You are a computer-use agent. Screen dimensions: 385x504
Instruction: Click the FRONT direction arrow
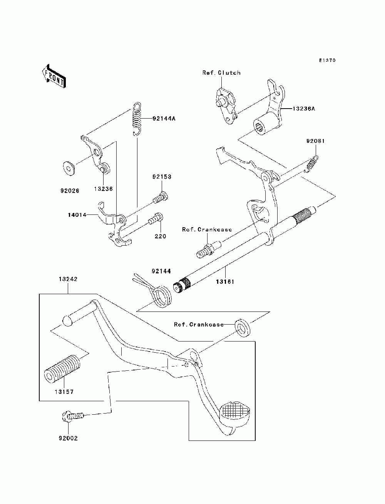[x=54, y=76]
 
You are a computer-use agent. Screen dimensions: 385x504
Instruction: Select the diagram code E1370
[x=327, y=60]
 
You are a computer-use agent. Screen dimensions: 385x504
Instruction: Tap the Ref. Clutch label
[x=221, y=73]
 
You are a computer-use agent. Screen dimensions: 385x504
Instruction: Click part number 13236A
[x=303, y=108]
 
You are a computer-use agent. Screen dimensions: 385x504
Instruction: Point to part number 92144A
[x=164, y=119]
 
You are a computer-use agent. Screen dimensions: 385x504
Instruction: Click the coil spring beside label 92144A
[x=137, y=119]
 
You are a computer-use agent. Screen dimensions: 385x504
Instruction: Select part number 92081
[x=315, y=141]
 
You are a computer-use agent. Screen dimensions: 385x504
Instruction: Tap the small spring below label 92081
[x=311, y=164]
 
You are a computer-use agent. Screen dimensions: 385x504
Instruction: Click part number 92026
[x=70, y=191]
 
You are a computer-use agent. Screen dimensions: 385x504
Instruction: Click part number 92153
[x=162, y=177]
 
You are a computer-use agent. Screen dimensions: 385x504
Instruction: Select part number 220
[x=160, y=236]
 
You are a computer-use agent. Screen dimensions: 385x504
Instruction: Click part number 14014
[x=77, y=215]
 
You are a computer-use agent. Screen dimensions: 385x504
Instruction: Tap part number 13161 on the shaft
[x=225, y=281]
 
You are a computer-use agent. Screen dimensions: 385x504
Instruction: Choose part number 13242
[x=68, y=279]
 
